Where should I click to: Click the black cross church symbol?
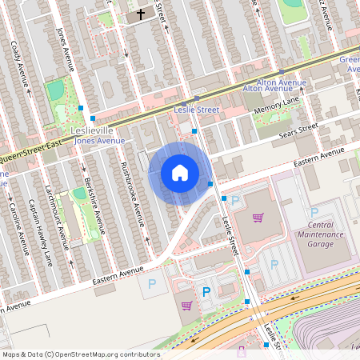click(x=141, y=14)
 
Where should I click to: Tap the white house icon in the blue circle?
click(x=180, y=173)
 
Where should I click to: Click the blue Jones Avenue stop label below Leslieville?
click(x=99, y=141)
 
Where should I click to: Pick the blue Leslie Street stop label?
click(x=196, y=109)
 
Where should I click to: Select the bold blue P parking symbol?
click(x=206, y=293)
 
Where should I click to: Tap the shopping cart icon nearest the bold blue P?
click(x=186, y=305)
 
